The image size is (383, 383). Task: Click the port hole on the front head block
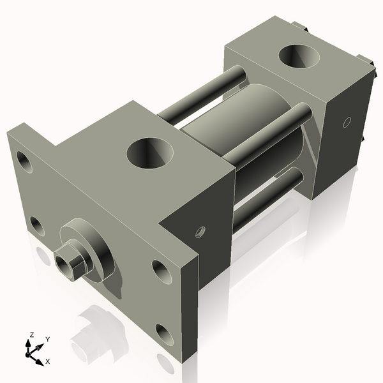(151, 153)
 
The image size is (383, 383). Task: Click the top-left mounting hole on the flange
(24, 161)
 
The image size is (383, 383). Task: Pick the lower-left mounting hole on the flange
(38, 225)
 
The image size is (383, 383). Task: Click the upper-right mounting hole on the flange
(160, 271)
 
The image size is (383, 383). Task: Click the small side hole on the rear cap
(347, 121)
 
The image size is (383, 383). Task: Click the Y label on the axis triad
(47, 339)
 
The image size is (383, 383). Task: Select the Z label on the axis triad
(30, 334)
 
